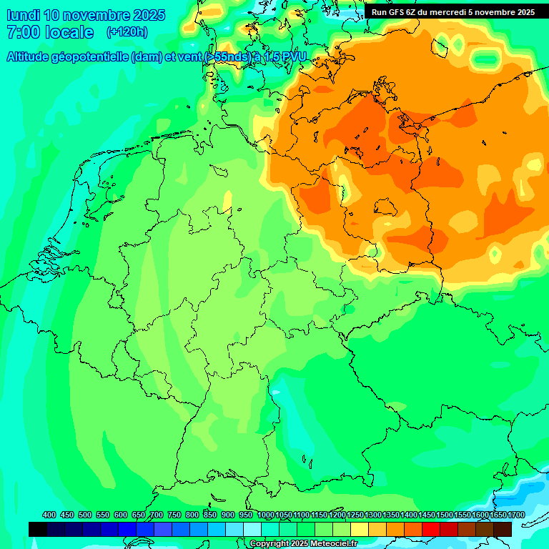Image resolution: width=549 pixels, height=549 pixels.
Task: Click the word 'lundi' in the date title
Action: point(23,15)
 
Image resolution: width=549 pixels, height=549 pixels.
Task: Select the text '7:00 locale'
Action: point(50,32)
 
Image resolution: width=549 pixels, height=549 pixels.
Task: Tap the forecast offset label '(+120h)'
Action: point(127,31)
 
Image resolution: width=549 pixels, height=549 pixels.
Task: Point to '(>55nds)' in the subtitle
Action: point(227,58)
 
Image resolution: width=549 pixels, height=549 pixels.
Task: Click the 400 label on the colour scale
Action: point(49,515)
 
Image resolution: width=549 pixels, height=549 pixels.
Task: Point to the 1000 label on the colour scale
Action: point(266,515)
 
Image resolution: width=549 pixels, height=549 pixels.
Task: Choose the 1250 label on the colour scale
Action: point(355,515)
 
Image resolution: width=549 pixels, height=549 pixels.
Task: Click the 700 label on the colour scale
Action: point(157,515)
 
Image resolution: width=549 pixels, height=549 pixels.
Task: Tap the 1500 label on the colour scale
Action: point(445,515)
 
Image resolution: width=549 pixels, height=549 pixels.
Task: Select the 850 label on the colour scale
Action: point(210,515)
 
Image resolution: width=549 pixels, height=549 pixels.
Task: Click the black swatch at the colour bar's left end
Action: point(38,529)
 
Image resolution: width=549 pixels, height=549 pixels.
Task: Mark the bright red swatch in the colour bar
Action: point(431,529)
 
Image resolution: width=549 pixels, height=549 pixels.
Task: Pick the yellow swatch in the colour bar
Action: point(360,529)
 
